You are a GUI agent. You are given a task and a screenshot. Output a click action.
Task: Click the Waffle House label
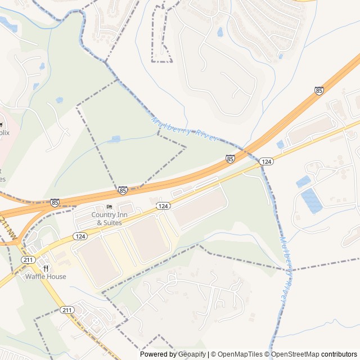(x=46, y=277)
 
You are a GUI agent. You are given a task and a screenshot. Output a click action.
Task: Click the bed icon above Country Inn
(x=109, y=207)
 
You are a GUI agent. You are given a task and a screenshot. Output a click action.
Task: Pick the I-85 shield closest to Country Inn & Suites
(x=123, y=191)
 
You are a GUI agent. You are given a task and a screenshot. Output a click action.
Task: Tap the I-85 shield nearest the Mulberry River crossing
(x=230, y=160)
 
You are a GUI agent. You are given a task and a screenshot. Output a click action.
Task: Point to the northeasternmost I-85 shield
(x=319, y=91)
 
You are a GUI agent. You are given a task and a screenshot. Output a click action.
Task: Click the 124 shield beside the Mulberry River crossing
(x=267, y=161)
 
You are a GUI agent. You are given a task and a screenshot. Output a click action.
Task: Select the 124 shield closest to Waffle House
(x=80, y=236)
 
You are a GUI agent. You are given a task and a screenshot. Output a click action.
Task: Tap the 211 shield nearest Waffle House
(x=28, y=260)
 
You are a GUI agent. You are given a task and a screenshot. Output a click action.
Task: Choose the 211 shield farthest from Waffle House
(x=67, y=310)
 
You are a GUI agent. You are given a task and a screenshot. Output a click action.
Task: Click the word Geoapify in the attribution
(x=192, y=354)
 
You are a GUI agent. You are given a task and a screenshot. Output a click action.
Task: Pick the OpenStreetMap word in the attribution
(x=295, y=354)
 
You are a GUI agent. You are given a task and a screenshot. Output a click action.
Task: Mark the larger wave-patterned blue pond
(x=312, y=201)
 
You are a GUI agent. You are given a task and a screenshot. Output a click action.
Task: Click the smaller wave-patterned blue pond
(x=303, y=182)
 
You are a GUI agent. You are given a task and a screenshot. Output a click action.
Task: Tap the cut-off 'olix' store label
(x=4, y=133)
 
